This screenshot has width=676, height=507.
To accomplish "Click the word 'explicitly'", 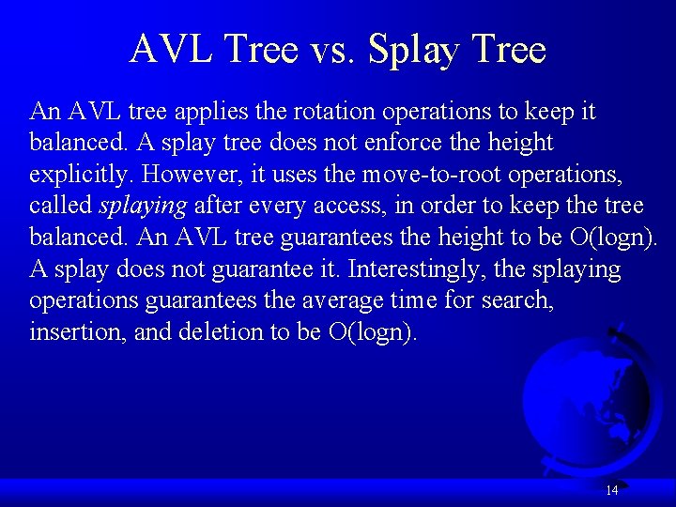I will (x=82, y=176).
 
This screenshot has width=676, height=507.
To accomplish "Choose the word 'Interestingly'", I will (x=411, y=270).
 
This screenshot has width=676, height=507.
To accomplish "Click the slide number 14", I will (x=611, y=490).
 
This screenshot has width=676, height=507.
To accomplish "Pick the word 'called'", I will (x=61, y=207).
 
